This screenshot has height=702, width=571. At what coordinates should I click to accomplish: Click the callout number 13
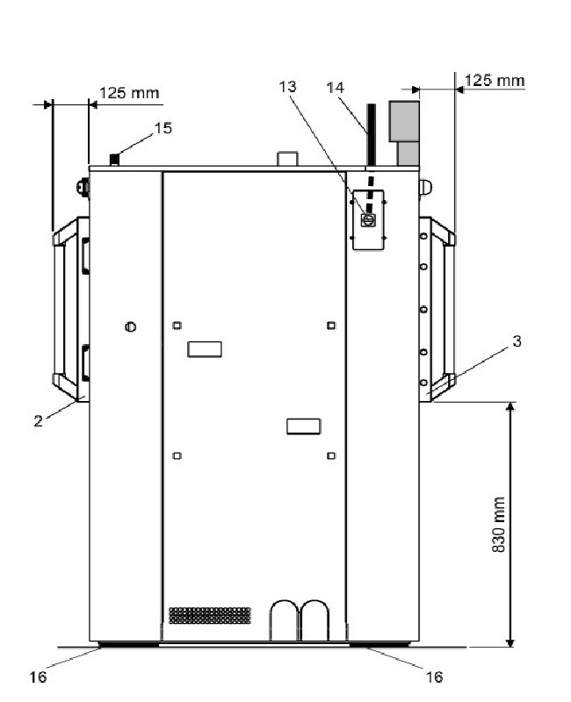point(287,86)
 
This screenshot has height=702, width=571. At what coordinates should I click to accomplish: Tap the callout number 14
point(336,88)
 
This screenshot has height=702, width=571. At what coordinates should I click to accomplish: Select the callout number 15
point(163,128)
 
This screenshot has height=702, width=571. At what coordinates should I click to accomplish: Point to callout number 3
point(517,341)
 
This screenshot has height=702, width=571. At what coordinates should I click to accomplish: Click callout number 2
point(38,421)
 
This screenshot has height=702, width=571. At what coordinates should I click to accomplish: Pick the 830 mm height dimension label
point(498,524)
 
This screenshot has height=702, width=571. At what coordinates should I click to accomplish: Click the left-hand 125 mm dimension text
point(129,93)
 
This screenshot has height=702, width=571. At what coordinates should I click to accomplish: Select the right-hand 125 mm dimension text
point(495,81)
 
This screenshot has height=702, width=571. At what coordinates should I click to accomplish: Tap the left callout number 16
point(38,677)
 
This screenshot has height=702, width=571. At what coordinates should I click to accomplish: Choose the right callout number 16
point(434,677)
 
